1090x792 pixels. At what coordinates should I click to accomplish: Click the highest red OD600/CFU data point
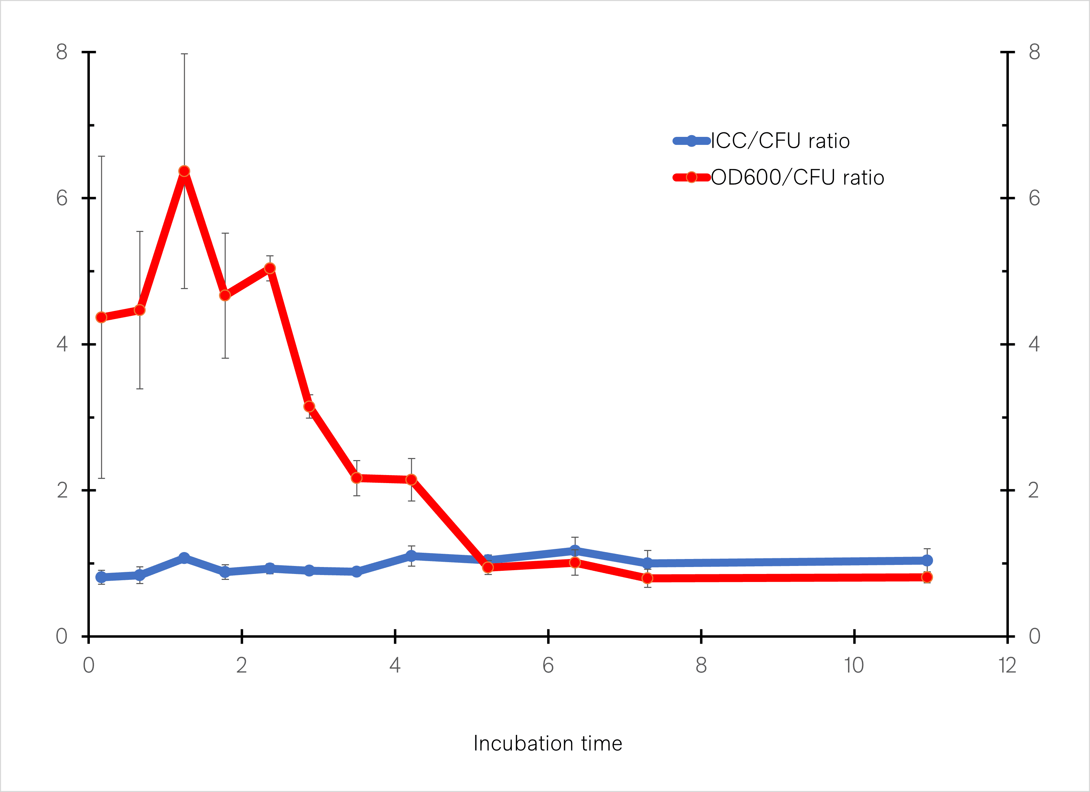click(184, 171)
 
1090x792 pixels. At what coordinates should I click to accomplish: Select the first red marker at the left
click(101, 317)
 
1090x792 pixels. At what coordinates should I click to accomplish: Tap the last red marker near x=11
click(927, 577)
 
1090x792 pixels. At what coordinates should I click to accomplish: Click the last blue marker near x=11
click(927, 560)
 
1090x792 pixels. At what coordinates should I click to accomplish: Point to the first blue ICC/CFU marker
click(101, 577)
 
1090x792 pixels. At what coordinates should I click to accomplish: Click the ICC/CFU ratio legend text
click(780, 141)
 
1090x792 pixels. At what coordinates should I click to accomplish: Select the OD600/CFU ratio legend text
click(797, 177)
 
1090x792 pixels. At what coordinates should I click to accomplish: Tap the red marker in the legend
click(692, 177)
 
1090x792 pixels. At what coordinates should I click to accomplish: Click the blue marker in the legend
click(692, 141)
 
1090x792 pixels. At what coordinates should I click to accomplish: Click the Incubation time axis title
click(547, 744)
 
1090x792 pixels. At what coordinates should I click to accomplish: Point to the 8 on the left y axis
click(62, 52)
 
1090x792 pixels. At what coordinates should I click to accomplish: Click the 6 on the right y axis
click(1034, 198)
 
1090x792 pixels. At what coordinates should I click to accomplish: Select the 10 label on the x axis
click(854, 666)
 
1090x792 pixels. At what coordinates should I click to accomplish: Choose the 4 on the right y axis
click(1034, 344)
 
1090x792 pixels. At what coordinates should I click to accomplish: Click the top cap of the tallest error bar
click(184, 54)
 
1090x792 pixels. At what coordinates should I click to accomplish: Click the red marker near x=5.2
click(488, 568)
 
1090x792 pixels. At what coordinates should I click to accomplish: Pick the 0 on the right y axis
click(1034, 636)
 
